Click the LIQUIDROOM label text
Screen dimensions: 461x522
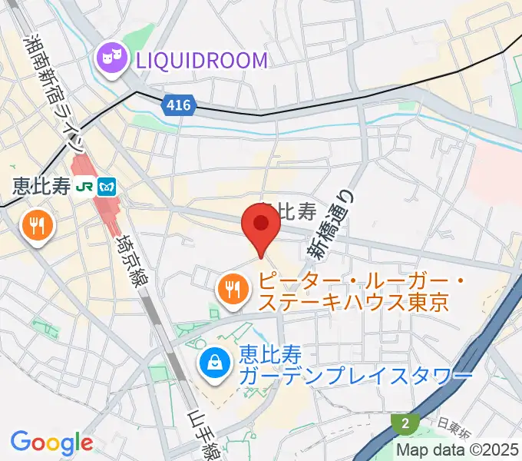(x=202, y=59)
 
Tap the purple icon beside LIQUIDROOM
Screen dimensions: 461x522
(x=111, y=58)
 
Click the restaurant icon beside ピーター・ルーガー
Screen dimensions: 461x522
(x=232, y=290)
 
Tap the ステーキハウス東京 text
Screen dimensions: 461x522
(x=353, y=302)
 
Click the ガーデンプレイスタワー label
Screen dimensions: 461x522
(x=355, y=376)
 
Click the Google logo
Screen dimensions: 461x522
(x=51, y=443)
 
